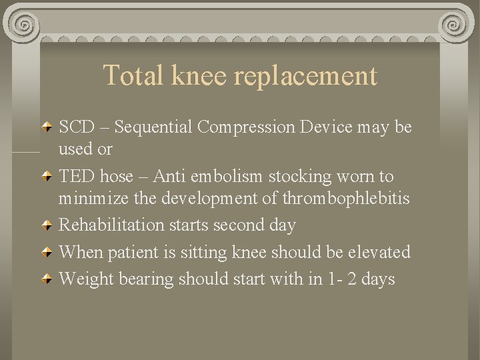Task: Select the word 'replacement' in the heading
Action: tap(305, 77)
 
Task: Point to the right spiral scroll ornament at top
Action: tap(455, 25)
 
